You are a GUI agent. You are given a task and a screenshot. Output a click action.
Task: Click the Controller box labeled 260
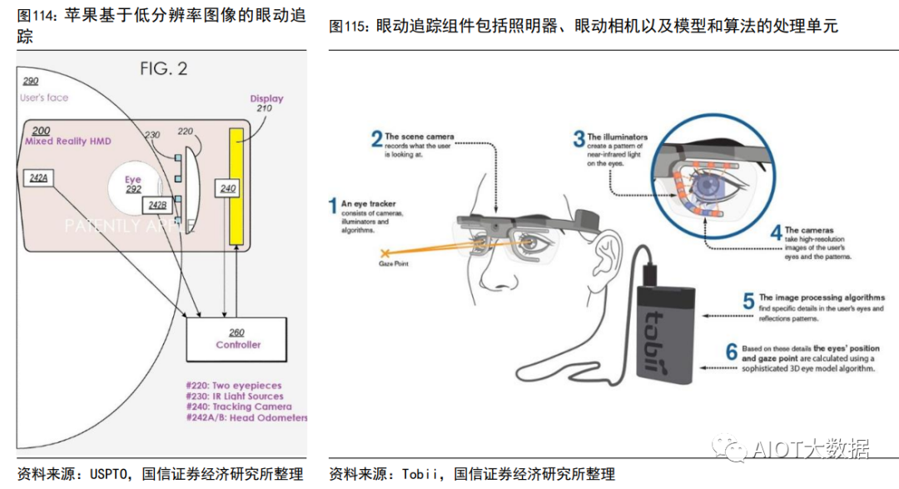point(238,339)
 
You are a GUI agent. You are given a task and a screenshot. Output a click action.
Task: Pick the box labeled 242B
point(157,205)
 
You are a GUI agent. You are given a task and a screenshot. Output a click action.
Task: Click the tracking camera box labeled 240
point(227,189)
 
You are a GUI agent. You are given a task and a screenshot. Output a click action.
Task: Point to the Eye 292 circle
point(133,184)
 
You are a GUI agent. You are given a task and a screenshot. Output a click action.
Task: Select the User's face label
point(44,97)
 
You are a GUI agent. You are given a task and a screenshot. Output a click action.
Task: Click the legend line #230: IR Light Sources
point(239,397)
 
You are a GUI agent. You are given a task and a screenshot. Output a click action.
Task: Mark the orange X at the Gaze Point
point(385,252)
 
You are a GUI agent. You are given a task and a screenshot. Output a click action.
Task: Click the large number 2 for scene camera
point(376,139)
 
